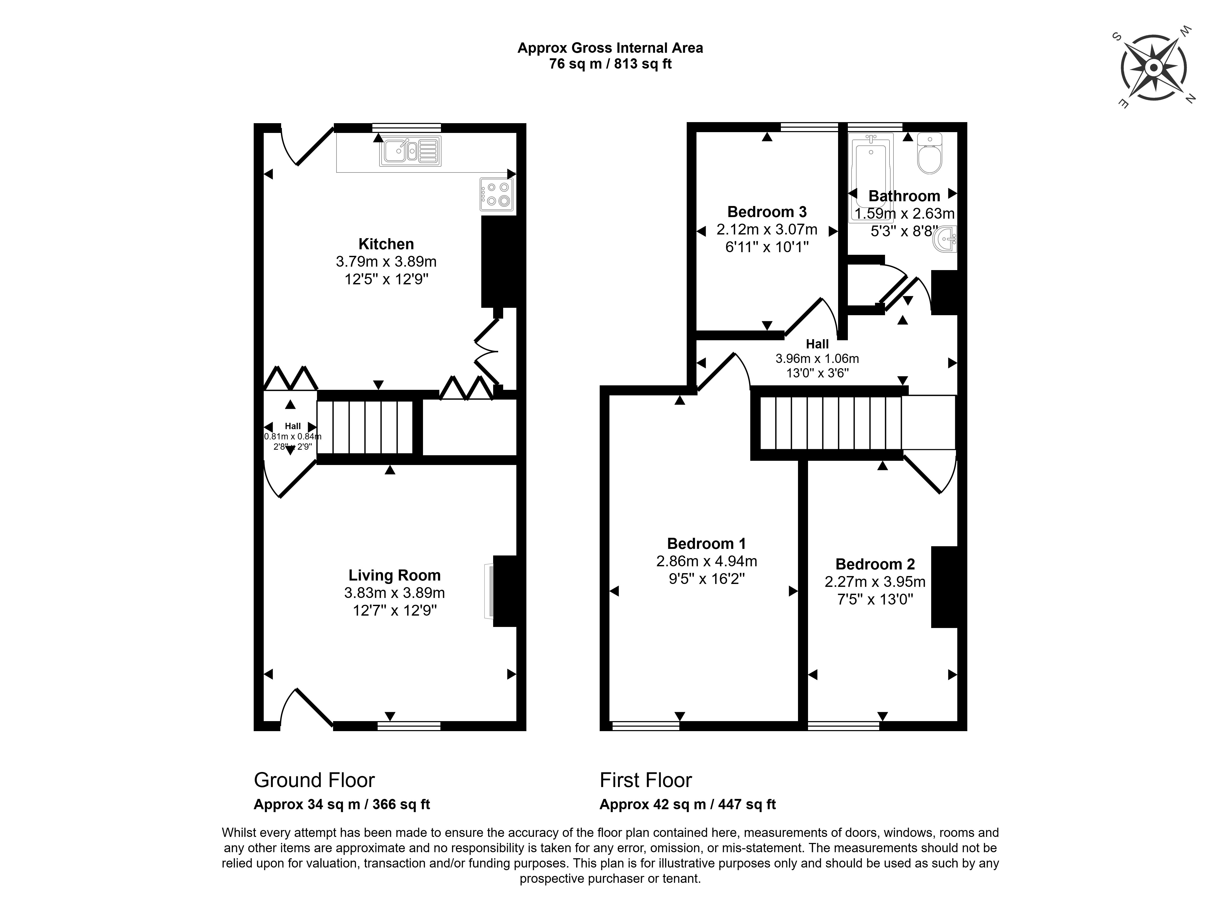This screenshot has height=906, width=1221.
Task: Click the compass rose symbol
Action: click(x=1153, y=68)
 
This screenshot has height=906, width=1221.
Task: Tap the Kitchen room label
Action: click(x=386, y=244)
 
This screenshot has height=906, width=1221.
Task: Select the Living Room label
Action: click(x=394, y=575)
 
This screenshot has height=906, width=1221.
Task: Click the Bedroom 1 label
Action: click(x=706, y=544)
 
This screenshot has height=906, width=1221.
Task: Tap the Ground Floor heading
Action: click(x=314, y=780)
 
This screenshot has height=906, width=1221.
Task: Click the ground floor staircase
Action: click(x=366, y=427)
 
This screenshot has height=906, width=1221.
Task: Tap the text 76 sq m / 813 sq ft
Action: click(x=610, y=64)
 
